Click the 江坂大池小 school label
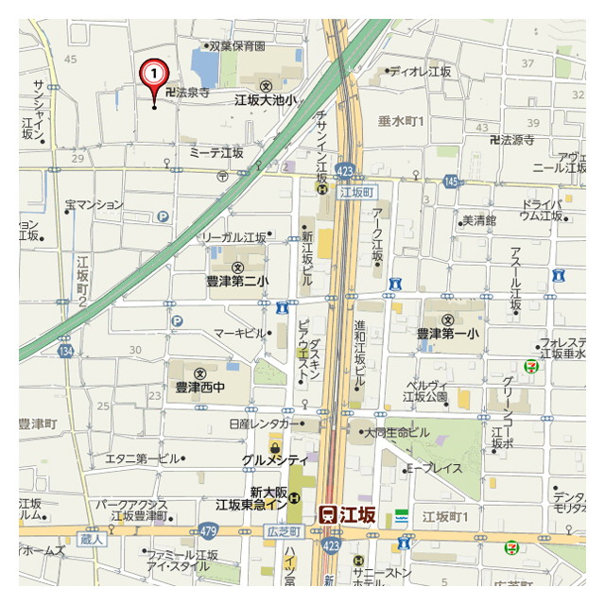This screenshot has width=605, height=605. pyautogui.click(x=266, y=98)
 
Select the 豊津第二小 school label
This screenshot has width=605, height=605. pyautogui.click(x=237, y=281)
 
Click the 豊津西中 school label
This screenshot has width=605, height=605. pyautogui.click(x=200, y=386)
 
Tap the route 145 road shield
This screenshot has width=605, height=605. pyautogui.click(x=450, y=181)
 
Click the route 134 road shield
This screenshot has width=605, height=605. pyautogui.click(x=65, y=352)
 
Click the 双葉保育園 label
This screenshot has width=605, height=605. pyautogui.click(x=236, y=44)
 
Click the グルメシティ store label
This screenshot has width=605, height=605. pyautogui.click(x=275, y=458)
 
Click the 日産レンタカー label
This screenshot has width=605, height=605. pyautogui.click(x=260, y=424)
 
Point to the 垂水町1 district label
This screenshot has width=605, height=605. pyautogui.click(x=403, y=121)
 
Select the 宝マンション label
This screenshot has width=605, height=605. pyautogui.click(x=94, y=204)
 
